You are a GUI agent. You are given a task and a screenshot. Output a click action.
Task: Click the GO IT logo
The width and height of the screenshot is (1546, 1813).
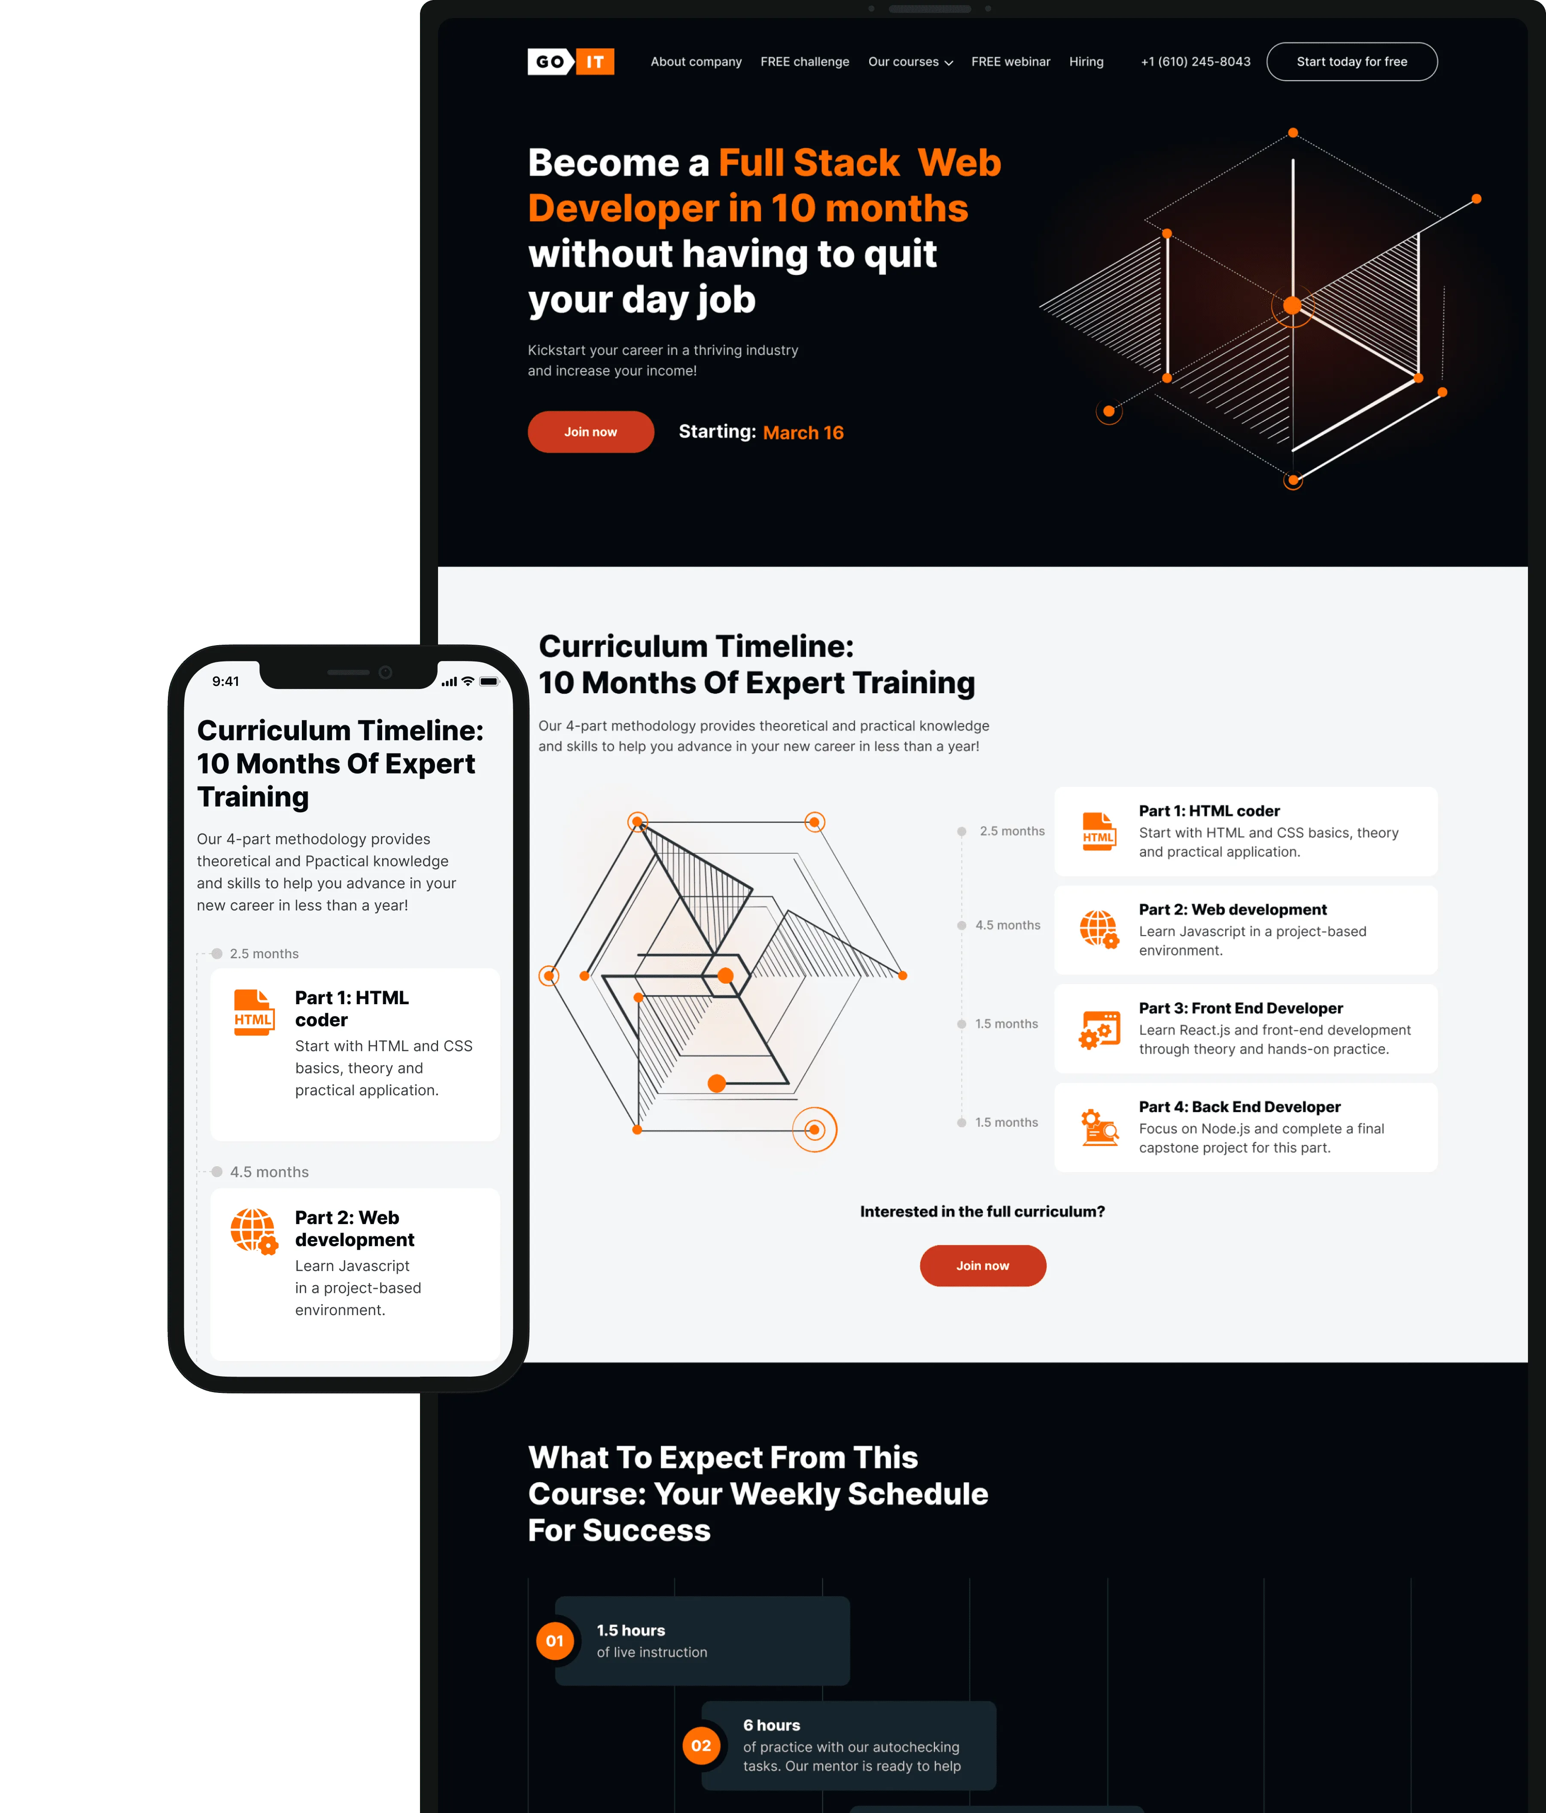point(570,61)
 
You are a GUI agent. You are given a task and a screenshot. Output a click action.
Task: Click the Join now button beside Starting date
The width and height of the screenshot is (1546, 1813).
point(590,431)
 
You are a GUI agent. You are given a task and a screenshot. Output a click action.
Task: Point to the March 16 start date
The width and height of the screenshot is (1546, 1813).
point(803,432)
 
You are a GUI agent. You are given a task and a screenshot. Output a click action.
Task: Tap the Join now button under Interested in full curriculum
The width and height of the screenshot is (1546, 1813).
point(983,1265)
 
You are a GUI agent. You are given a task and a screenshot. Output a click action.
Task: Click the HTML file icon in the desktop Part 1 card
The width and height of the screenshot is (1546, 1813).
point(1099,831)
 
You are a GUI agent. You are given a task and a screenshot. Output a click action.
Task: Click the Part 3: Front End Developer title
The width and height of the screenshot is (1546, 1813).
point(1241,1008)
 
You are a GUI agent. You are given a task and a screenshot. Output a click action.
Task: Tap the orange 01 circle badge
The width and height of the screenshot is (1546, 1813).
point(555,1641)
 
